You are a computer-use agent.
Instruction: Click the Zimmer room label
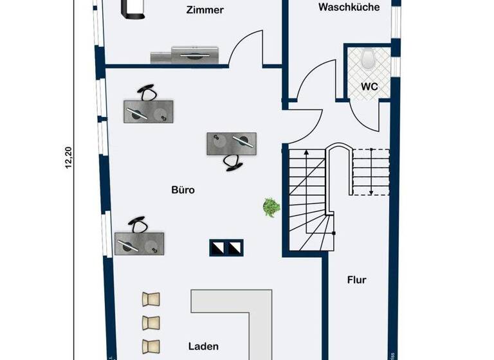(x=205, y=10)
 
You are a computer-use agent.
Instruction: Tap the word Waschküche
(x=349, y=8)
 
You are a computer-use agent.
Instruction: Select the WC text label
(x=369, y=86)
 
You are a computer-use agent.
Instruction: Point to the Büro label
(x=183, y=190)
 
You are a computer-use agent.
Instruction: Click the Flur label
(x=356, y=280)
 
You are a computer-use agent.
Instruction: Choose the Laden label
(x=204, y=346)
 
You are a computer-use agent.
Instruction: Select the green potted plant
(x=271, y=207)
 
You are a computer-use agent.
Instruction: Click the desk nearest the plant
(x=231, y=143)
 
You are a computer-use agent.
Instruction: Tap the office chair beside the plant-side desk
(x=233, y=163)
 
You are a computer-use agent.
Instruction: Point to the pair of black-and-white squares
(x=227, y=248)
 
